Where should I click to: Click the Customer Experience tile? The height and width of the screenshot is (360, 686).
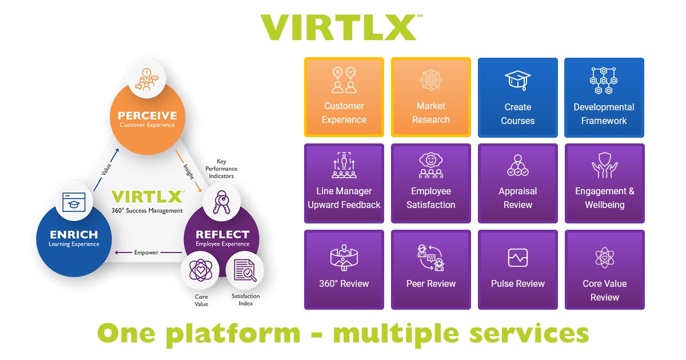click(x=344, y=97)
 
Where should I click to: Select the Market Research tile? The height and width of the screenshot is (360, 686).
click(x=430, y=97)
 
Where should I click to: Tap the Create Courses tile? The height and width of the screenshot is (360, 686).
click(x=517, y=97)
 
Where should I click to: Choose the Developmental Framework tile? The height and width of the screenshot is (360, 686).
click(x=604, y=97)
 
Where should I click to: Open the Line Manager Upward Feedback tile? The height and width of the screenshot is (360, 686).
click(x=344, y=183)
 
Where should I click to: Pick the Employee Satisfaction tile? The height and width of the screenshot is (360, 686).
click(x=430, y=183)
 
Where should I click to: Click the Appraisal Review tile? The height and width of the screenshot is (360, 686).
click(x=517, y=183)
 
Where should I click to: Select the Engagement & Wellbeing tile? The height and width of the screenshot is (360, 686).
click(x=604, y=183)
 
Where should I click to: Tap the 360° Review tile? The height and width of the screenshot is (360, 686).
click(x=344, y=270)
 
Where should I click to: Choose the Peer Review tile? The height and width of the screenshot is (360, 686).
click(x=430, y=270)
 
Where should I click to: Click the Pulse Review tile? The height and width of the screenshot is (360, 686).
click(x=517, y=270)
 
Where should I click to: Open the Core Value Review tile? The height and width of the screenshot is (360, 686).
click(x=604, y=270)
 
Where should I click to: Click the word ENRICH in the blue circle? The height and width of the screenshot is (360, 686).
click(x=73, y=235)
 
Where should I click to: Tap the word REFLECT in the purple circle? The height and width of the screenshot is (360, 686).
click(x=222, y=235)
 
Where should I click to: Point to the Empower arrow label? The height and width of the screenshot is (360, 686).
click(x=146, y=253)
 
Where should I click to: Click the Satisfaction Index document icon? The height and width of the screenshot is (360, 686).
click(x=245, y=272)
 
